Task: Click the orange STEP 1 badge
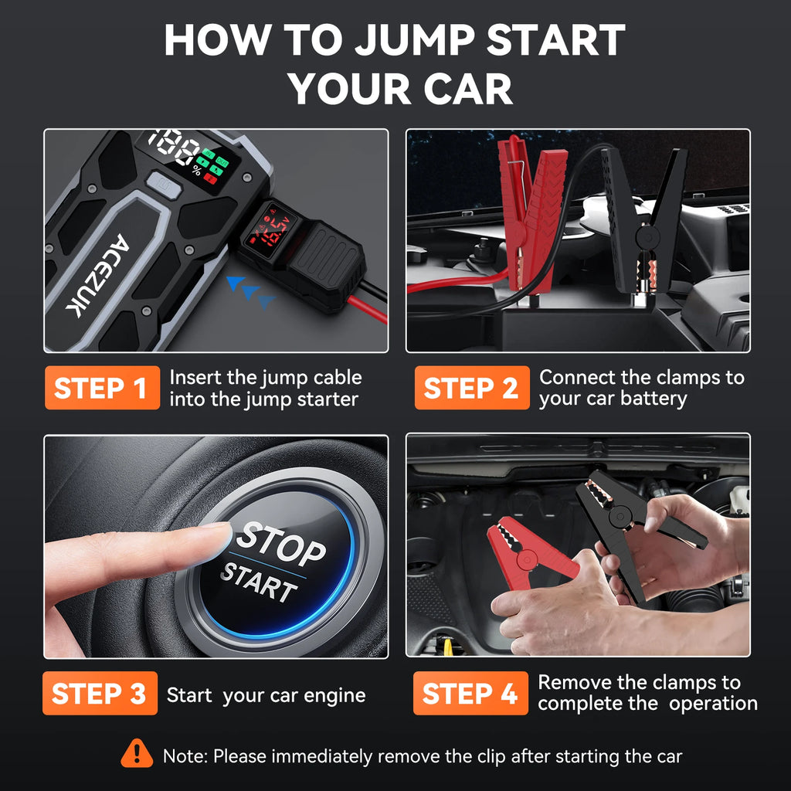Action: coord(101,388)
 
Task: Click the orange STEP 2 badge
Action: coord(471,388)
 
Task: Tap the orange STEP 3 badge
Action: coord(100,694)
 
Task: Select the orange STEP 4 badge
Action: coord(470,694)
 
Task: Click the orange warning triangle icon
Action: coord(137,753)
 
